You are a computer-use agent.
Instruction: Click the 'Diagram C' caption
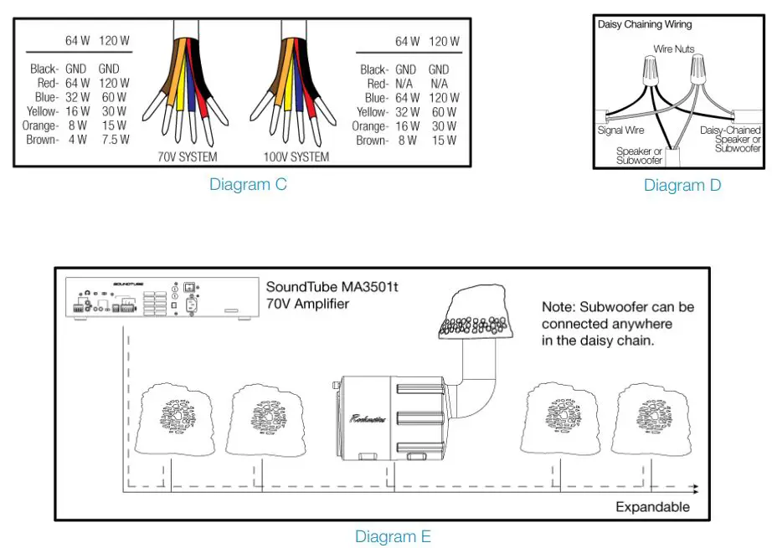(x=248, y=185)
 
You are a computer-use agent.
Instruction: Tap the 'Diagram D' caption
(x=682, y=185)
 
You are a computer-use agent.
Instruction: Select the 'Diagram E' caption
(x=393, y=536)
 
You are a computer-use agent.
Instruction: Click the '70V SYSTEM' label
(x=188, y=156)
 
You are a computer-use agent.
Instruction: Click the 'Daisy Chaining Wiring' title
(x=645, y=25)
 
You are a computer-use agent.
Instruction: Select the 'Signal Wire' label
(x=620, y=131)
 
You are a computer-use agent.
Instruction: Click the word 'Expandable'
(x=652, y=506)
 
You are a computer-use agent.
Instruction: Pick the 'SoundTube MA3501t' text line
(x=332, y=287)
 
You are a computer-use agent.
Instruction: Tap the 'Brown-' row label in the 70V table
(x=42, y=140)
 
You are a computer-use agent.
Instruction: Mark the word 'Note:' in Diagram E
(x=559, y=307)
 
